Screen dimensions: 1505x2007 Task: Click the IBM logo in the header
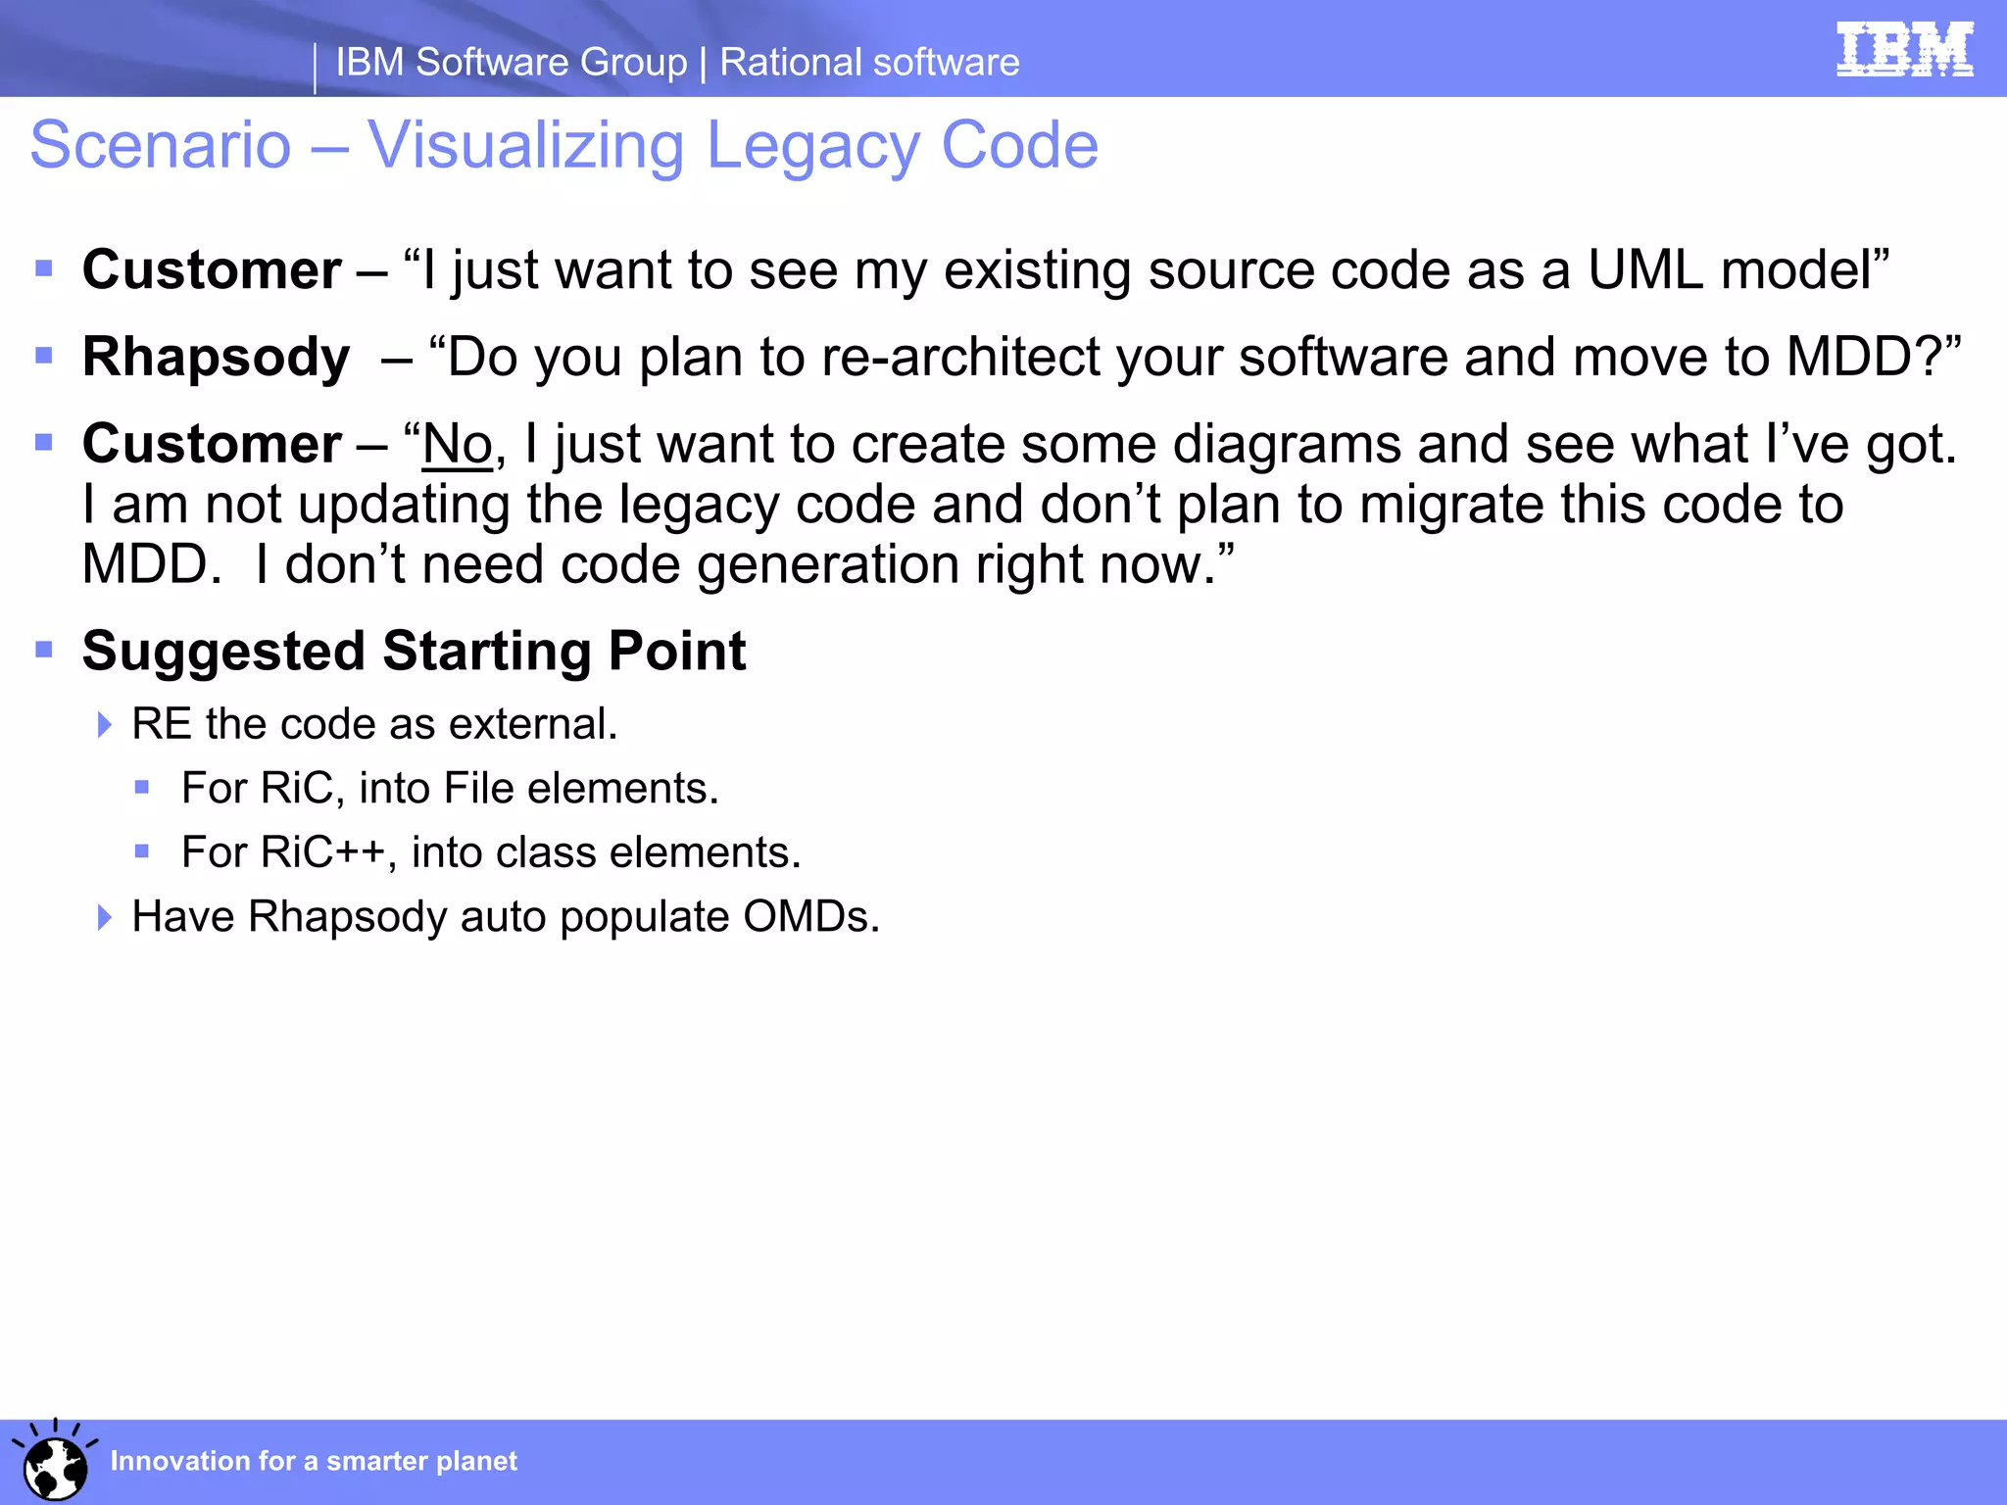1904,49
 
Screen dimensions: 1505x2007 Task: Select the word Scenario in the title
161,146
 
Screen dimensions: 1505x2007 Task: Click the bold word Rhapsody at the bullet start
216,357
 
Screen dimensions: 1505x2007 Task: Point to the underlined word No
457,445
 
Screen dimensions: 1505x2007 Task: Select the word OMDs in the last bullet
810,917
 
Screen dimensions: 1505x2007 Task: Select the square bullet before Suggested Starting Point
44,650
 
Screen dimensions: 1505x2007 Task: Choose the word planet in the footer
476,1461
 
